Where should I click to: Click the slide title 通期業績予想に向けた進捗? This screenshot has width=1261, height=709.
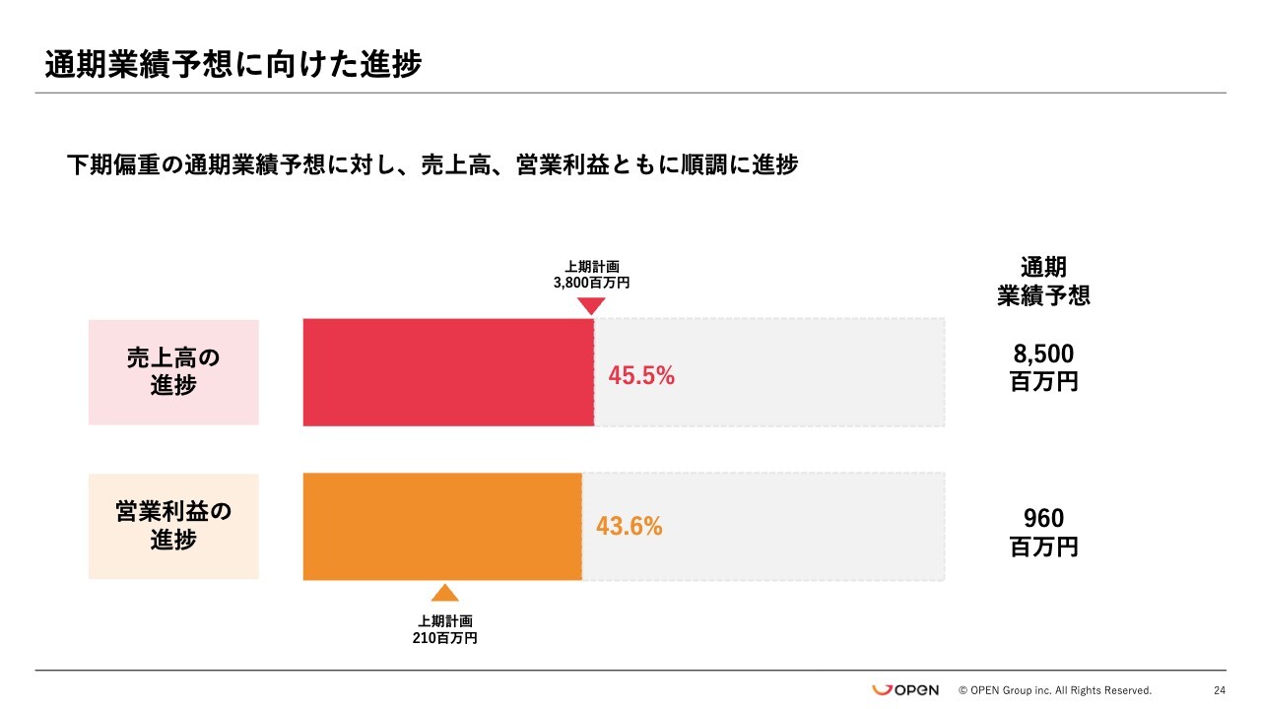pyautogui.click(x=232, y=65)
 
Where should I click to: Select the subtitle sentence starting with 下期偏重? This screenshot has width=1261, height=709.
pyautogui.click(x=431, y=164)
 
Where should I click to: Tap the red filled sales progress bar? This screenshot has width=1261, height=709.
pyautogui.click(x=448, y=372)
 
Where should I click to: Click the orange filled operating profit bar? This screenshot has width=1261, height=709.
pyautogui.click(x=441, y=526)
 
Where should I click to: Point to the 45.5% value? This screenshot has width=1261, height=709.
pyautogui.click(x=641, y=375)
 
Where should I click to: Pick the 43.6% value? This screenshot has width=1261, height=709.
pyautogui.click(x=629, y=527)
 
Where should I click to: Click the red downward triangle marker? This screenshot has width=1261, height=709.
pyautogui.click(x=590, y=305)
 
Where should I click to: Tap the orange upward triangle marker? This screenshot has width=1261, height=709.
pyautogui.click(x=445, y=593)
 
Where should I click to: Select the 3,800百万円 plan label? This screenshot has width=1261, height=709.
pyautogui.click(x=591, y=282)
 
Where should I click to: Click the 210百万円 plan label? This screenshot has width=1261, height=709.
pyautogui.click(x=445, y=638)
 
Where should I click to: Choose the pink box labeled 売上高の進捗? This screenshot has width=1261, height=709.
pyautogui.click(x=173, y=371)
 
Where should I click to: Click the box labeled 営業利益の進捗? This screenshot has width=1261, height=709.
pyautogui.click(x=173, y=526)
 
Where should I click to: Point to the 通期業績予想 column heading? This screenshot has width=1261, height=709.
pyautogui.click(x=1043, y=281)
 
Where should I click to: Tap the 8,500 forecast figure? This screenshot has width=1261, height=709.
pyautogui.click(x=1043, y=354)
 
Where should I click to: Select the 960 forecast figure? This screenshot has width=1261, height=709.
pyautogui.click(x=1043, y=518)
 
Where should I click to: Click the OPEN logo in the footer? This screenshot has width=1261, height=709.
pyautogui.click(x=905, y=689)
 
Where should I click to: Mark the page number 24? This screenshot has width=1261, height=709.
pyautogui.click(x=1220, y=690)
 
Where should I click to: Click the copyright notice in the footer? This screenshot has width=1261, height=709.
pyautogui.click(x=1055, y=690)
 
